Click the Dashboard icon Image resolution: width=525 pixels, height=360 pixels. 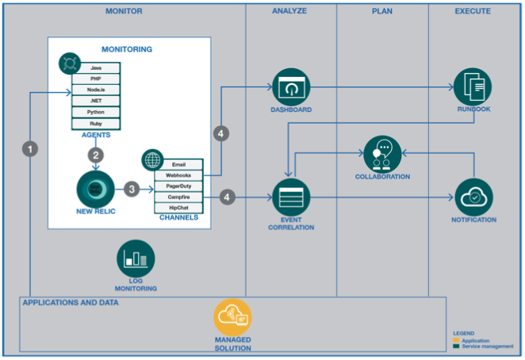[290, 86]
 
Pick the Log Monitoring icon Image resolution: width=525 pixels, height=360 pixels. [136, 259]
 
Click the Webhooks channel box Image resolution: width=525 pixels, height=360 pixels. [178, 174]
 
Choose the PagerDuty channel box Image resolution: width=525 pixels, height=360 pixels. [178, 186]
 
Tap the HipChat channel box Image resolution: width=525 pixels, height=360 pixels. [178, 208]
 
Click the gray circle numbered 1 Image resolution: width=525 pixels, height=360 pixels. [30, 148]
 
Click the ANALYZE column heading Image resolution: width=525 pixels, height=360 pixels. [289, 11]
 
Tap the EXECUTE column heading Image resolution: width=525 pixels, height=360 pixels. [473, 11]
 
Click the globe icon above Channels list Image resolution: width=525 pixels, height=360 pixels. [151, 159]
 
